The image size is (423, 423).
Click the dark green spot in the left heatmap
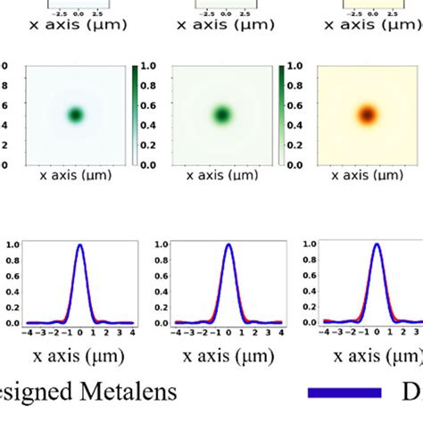(x=76, y=114)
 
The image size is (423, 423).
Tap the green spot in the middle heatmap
(x=221, y=114)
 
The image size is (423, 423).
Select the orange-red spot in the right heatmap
(x=366, y=114)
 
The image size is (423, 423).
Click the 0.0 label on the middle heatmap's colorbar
(x=294, y=164)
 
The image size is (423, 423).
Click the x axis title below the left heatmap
(x=76, y=177)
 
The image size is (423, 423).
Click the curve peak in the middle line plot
(x=228, y=245)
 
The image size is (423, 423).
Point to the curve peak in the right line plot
(x=377, y=245)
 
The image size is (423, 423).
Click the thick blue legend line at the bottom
(x=344, y=392)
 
